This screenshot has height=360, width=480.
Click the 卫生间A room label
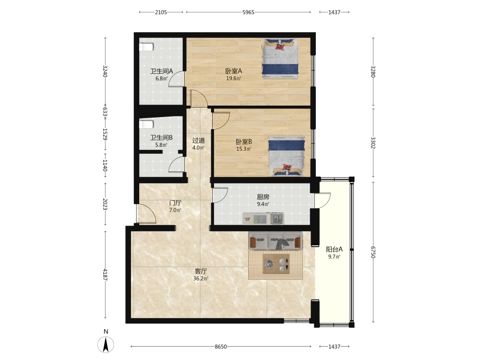coord(161,72)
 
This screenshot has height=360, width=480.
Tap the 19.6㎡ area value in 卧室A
coord(234,78)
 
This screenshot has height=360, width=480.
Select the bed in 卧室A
coord(280,59)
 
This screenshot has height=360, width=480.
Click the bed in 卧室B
coord(287,156)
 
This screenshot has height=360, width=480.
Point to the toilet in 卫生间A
coord(146,47)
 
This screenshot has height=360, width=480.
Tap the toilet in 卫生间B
coord(146,125)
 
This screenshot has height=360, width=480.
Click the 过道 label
coord(198,141)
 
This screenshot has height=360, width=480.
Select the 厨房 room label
coord(263,197)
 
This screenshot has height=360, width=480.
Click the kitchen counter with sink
coord(263,218)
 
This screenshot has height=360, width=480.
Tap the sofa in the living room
coord(275,241)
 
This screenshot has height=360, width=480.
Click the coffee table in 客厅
coord(276,264)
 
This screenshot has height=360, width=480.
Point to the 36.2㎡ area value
coord(201,278)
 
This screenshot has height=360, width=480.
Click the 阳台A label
coord(334,249)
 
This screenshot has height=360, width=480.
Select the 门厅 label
coord(175,203)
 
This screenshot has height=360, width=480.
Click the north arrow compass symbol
coord(106,344)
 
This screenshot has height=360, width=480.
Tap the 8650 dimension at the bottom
coord(221,347)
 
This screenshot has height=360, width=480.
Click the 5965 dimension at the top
coord(248,12)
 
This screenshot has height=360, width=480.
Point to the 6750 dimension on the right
coord(373,252)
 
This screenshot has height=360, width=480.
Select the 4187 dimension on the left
coord(105,275)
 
